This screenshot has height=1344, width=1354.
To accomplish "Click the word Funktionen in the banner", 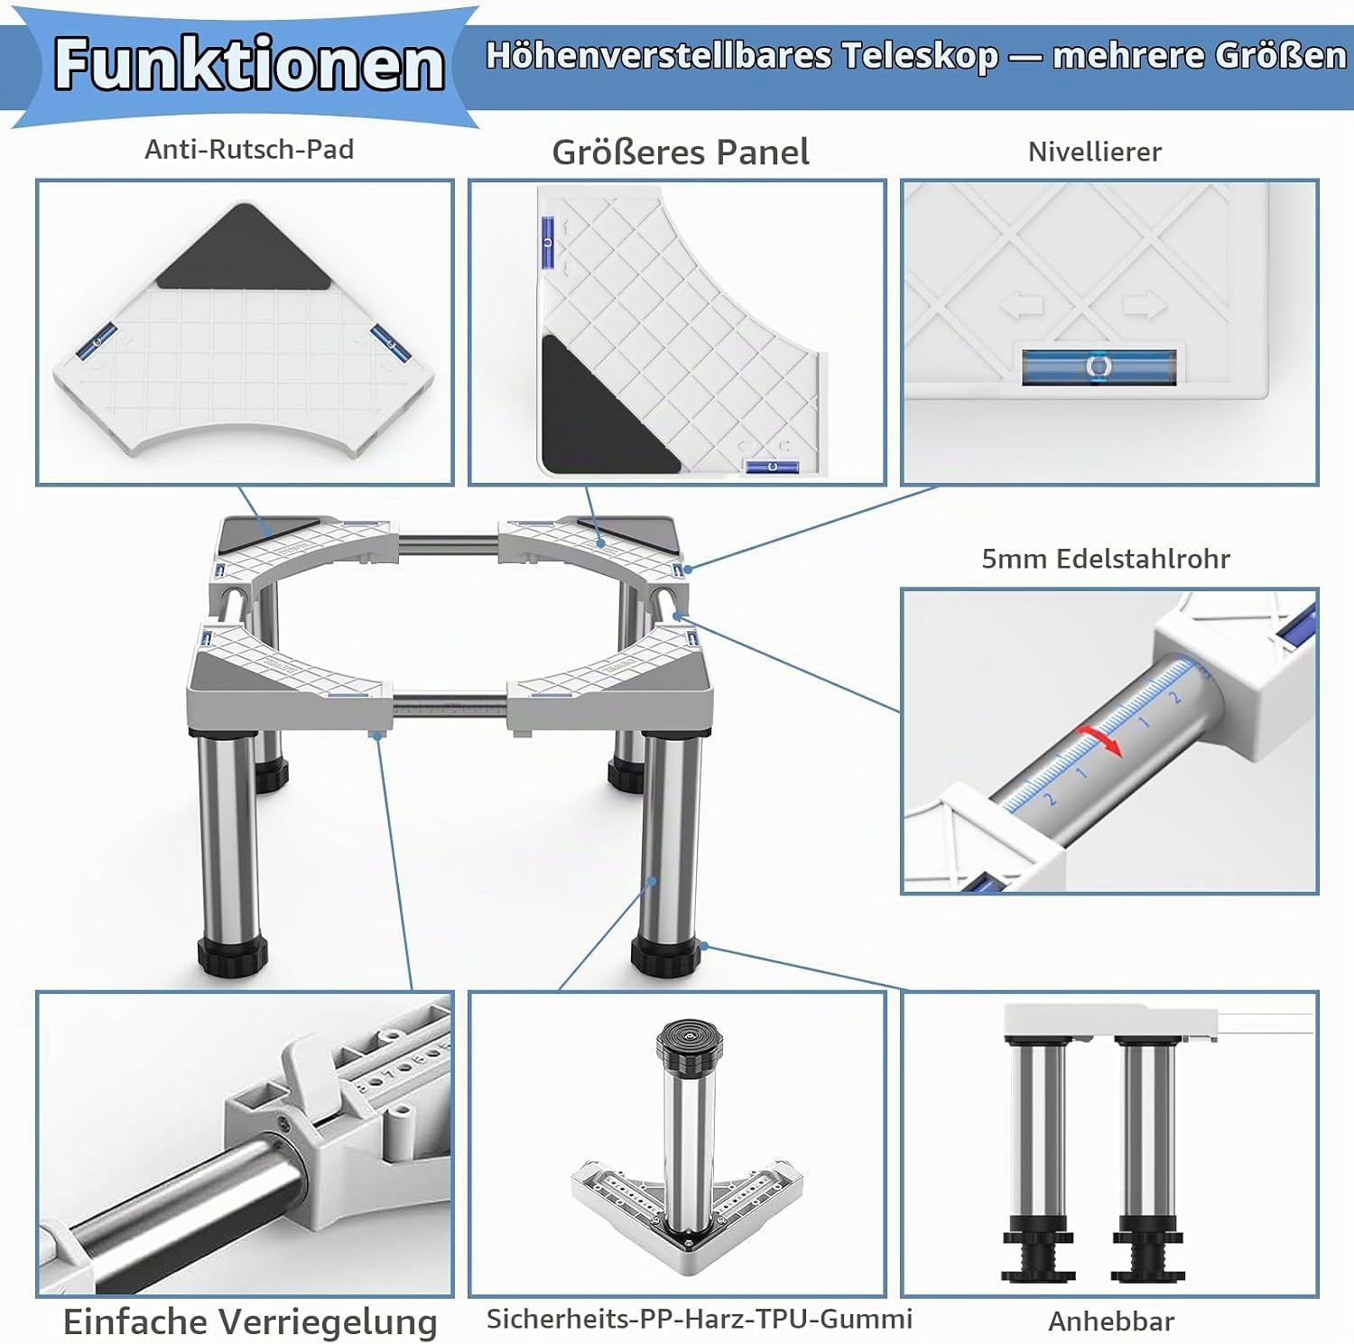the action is coord(249,64).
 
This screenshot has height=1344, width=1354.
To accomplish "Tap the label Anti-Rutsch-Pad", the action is coord(249,149).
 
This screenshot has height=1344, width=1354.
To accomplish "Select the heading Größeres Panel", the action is coord(681,152).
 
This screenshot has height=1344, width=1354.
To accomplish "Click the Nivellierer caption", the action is coord(1095,152).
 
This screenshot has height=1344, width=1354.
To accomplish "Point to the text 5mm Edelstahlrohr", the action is coord(1106,559).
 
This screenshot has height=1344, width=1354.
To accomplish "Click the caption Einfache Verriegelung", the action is coord(250,1321).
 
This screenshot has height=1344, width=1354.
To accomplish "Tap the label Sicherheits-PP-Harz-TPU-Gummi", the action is coord(700,1319).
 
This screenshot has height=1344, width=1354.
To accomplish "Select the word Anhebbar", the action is coord(1111,1321).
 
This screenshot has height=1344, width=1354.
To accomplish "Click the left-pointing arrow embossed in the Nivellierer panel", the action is coord(1023,305).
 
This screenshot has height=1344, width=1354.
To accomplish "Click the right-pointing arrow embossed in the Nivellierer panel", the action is coord(1144,305).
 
